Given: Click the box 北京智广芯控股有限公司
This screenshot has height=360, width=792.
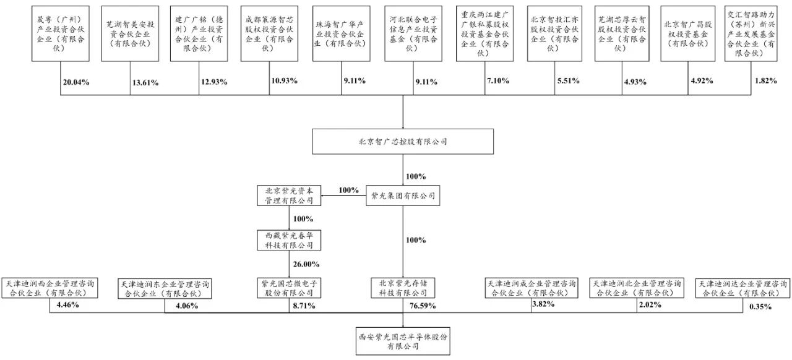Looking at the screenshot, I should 403,141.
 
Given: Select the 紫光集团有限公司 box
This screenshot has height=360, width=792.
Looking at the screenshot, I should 403,197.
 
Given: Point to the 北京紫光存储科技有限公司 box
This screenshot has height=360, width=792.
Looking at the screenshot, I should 403,287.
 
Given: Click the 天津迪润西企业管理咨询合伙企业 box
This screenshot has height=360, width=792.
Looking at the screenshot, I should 50,288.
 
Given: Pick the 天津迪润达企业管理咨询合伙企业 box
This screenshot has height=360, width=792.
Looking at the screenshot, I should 744,288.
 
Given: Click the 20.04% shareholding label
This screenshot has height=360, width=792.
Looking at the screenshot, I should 78,82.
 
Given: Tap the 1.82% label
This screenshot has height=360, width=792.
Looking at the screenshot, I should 765,81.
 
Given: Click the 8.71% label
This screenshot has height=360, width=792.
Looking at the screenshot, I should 303,306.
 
